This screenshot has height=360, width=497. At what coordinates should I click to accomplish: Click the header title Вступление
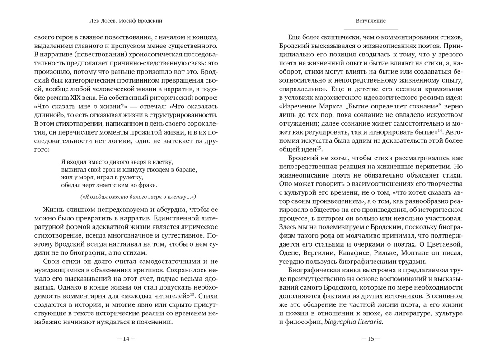click(x=370, y=21)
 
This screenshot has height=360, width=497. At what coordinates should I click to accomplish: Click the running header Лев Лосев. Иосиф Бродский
click(x=126, y=21)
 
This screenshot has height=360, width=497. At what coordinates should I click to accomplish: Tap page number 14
click(x=126, y=339)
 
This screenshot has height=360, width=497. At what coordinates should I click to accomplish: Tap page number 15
click(x=370, y=339)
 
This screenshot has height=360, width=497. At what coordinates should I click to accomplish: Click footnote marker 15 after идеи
click(x=319, y=147)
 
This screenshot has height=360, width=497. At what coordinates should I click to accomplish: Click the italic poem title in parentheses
click(x=138, y=196)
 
